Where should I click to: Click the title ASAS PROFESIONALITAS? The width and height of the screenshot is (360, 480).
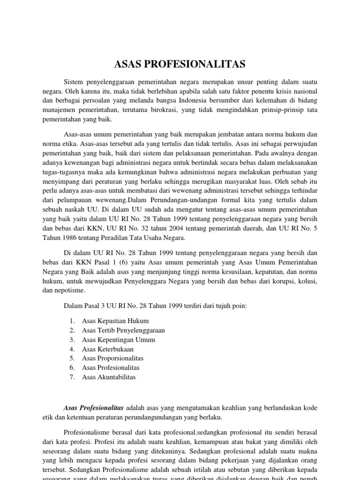180,64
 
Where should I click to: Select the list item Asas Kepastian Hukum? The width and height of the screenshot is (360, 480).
115,321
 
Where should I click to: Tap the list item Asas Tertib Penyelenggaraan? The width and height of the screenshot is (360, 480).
123,330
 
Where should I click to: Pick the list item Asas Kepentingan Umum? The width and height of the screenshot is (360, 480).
118,340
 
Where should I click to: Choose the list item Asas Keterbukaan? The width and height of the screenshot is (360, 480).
107,349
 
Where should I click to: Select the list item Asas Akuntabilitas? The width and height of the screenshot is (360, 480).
109,377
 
